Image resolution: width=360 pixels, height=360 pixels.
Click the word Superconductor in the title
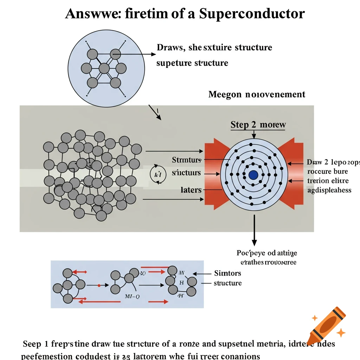tap(252, 14)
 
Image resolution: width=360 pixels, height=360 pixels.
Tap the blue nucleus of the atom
tap(253, 175)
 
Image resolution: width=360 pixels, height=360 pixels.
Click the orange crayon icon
tap(325, 325)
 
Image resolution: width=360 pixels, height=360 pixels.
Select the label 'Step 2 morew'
tap(258, 125)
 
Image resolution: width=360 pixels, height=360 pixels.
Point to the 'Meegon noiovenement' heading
tap(257, 94)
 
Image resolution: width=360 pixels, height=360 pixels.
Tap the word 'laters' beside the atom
tap(191, 190)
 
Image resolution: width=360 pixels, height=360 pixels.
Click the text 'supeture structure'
tap(192, 63)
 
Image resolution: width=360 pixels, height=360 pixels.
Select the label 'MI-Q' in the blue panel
tap(132, 296)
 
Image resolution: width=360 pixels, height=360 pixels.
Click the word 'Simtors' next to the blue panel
tap(228, 273)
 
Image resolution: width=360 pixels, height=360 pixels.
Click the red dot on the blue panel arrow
tap(99, 285)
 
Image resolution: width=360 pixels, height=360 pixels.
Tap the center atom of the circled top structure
tap(104, 68)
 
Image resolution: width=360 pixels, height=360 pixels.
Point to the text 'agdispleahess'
tap(329, 190)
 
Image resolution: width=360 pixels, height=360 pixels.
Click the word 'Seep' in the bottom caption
tap(32, 344)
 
